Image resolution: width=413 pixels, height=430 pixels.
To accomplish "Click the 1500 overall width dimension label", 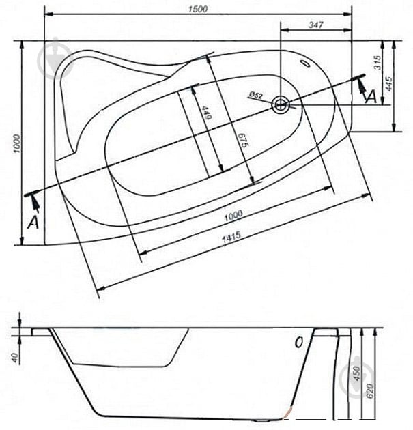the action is (198, 9).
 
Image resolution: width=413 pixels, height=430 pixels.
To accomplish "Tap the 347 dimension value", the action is (316, 25).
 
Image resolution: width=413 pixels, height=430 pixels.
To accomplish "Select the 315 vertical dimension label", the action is (378, 63).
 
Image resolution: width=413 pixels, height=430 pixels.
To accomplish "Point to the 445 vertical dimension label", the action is (388, 84).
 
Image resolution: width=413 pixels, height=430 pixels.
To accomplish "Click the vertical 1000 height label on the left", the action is (17, 144).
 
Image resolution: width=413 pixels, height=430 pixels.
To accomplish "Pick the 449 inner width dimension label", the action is (207, 113).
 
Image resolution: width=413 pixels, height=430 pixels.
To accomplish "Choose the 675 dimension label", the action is (243, 140).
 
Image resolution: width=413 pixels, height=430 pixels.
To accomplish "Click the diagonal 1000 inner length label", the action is (233, 215).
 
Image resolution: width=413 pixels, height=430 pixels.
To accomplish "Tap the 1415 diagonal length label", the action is (231, 238).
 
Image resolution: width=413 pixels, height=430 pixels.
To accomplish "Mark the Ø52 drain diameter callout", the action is (255, 96).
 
